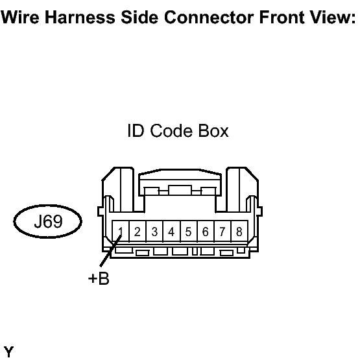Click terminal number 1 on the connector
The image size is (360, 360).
point(121,231)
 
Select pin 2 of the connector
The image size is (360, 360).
point(138,231)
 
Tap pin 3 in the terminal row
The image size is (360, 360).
point(154,231)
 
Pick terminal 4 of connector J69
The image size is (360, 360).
point(171,231)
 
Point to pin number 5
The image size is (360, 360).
point(189,231)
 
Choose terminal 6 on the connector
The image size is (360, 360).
point(206,231)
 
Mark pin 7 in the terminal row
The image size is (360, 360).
point(222,231)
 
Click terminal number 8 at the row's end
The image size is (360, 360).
point(239,231)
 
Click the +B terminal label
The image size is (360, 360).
point(99,278)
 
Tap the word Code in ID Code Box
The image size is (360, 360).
point(171,131)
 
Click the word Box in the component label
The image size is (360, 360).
point(213,131)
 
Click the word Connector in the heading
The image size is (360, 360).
point(209,18)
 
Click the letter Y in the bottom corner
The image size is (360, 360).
point(8,352)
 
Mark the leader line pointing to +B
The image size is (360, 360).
point(110,251)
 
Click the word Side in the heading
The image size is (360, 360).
point(139,18)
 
